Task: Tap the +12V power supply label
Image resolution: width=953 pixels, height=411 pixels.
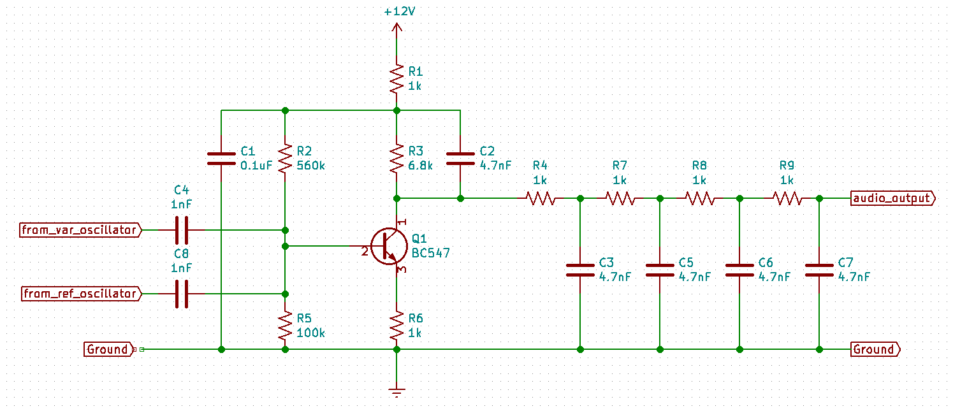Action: [396, 12]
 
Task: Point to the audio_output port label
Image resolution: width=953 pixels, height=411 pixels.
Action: [893, 198]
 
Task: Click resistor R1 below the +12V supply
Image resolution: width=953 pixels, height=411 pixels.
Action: [396, 78]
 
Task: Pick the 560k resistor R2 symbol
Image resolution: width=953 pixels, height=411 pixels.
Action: [285, 159]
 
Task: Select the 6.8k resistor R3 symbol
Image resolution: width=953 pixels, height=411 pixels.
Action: [396, 159]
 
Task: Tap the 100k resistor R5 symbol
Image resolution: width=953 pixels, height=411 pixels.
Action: [285, 326]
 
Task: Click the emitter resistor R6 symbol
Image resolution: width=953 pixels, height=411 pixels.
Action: [396, 326]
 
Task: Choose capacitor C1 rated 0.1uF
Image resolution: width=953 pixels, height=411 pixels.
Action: [221, 159]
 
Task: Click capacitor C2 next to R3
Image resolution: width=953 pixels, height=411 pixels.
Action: [460, 159]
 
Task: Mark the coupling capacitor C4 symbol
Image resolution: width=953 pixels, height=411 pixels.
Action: [182, 230]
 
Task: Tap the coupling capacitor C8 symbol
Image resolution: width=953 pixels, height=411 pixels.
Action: [182, 294]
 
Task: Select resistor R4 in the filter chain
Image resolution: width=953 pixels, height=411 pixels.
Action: [540, 198]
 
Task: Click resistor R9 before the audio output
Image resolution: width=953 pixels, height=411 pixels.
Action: [787, 198]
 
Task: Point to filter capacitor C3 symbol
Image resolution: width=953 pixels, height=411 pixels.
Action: [580, 270]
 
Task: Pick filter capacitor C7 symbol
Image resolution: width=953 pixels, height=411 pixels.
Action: [819, 270]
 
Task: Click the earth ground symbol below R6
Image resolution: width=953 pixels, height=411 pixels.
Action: [396, 391]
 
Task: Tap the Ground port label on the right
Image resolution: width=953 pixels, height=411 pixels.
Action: [875, 349]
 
